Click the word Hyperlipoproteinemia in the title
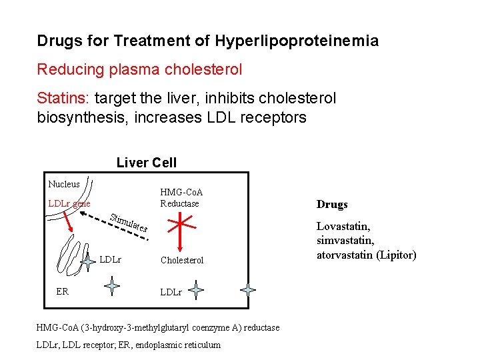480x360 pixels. point(297,41)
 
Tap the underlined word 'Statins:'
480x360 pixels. point(64,99)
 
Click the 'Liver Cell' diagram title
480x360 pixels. point(147,163)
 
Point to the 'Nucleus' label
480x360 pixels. point(64,184)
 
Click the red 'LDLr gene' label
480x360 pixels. point(69,203)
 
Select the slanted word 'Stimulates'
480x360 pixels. point(129,223)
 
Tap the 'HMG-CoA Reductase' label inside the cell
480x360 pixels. point(180,198)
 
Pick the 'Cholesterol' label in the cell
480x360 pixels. point(182,260)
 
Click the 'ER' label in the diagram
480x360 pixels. point(62,291)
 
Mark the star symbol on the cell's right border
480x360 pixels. point(248,290)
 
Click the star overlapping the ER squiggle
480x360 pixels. point(87,263)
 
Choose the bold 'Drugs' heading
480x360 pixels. point(332,205)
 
